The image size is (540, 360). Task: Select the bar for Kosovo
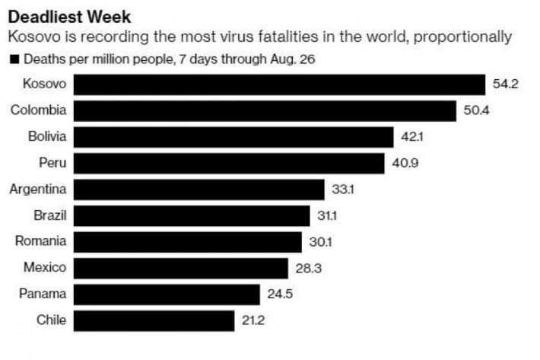coord(279,84)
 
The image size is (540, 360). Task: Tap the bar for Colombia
coord(265,111)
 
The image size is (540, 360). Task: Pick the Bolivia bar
coord(233,137)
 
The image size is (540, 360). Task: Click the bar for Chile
coord(154,320)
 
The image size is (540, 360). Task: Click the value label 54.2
coord(505,84)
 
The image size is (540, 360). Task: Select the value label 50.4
coord(476,111)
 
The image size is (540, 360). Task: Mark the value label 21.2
coord(253,320)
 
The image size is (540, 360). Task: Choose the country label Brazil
coord(50,215)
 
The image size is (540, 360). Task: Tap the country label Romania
coord(41,242)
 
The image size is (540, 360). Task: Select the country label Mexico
coord(45,268)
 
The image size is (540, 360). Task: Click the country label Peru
coord(52,163)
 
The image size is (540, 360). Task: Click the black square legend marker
coord(14,59)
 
